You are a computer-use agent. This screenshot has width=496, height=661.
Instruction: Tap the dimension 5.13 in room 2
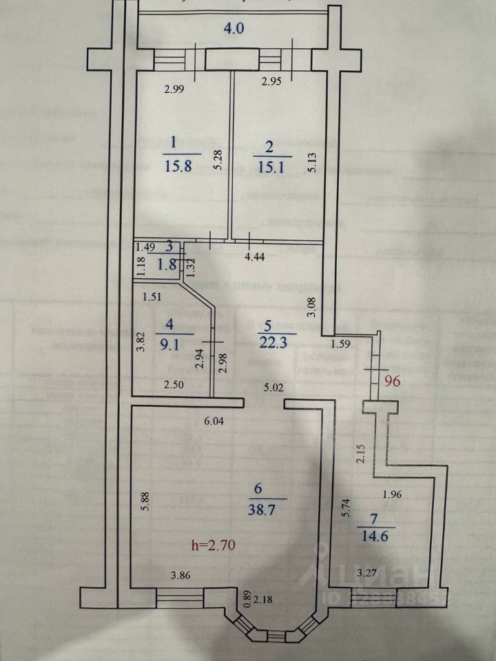[312, 162]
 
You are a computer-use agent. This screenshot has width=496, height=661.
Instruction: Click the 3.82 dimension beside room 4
[140, 343]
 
